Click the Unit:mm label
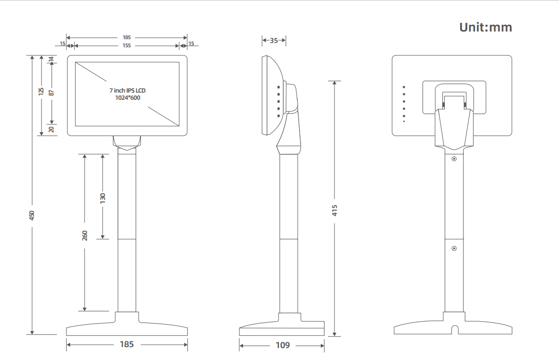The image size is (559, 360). (485, 27)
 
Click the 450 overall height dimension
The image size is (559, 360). (32, 215)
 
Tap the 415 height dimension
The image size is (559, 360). (335, 210)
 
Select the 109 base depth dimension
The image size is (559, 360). (283, 345)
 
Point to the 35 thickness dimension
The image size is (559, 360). (274, 41)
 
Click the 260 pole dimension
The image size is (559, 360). (85, 235)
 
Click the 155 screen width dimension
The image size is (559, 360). (127, 45)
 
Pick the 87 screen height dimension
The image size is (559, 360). (52, 90)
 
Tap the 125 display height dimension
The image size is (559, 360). (41, 90)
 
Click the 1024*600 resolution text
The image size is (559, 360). (128, 97)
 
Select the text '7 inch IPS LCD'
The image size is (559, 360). (128, 90)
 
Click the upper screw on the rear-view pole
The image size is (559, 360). (454, 159)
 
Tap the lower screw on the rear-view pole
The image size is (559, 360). (454, 248)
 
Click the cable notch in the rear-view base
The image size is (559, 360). (454, 329)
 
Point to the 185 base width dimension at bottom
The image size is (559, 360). (127, 344)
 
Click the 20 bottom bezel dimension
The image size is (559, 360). (52, 129)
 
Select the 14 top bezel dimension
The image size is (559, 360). (52, 59)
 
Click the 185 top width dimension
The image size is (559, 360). (127, 37)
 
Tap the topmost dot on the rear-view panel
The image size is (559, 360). (404, 87)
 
